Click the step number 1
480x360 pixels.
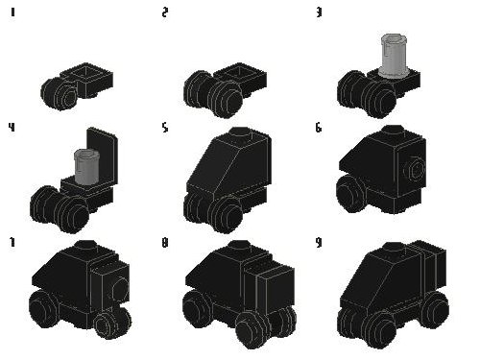point(12,12)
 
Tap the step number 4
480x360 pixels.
point(12,125)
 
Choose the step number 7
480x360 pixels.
point(12,242)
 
